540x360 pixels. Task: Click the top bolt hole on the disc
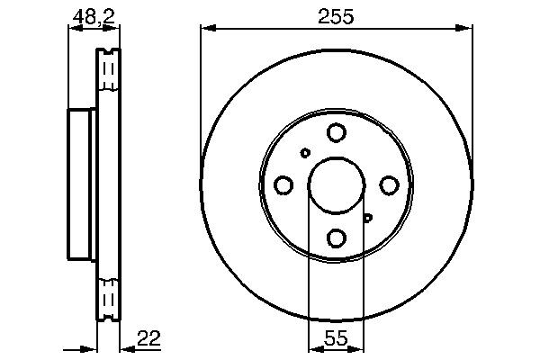pyautogui.click(x=336, y=133)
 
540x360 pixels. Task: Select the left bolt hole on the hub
pyautogui.click(x=283, y=185)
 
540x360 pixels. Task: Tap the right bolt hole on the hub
pyautogui.click(x=389, y=185)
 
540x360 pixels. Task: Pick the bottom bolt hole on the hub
pyautogui.click(x=336, y=238)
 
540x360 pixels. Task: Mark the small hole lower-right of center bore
pyautogui.click(x=367, y=217)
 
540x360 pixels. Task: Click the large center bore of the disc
pyautogui.click(x=336, y=185)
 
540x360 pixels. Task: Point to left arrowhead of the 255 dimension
pyautogui.click(x=206, y=29)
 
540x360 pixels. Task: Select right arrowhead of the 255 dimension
pyautogui.click(x=467, y=29)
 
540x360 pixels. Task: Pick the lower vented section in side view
pyautogui.click(x=108, y=297)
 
